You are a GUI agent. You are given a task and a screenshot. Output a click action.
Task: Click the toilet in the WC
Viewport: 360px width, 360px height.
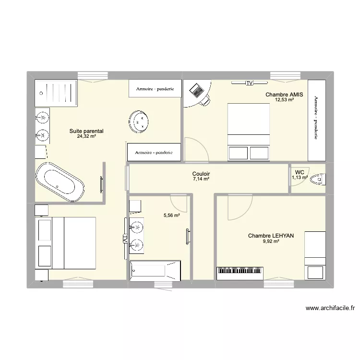coord(318,180)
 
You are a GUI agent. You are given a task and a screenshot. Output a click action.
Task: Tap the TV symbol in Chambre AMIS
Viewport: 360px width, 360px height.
coord(249,84)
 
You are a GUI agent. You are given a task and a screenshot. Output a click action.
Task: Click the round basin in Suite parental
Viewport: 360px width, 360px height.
coord(140,121)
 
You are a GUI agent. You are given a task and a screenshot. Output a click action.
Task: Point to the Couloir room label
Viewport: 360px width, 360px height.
coord(201,174)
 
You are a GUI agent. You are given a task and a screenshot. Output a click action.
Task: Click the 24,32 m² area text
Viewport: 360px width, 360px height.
coord(86,136)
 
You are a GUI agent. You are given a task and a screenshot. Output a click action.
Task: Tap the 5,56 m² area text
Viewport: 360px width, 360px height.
coord(172,216)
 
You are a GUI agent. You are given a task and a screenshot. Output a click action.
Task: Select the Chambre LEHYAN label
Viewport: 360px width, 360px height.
coord(271,236)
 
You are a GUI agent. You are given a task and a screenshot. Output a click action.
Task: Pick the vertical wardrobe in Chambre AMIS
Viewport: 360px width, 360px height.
coord(316,120)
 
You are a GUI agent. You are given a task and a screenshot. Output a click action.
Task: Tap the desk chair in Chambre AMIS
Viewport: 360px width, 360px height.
coord(205,100)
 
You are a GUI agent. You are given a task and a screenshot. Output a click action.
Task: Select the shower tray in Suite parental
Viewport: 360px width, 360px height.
coord(56,93)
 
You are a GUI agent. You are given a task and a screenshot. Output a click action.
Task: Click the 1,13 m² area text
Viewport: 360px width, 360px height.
coord(300,177)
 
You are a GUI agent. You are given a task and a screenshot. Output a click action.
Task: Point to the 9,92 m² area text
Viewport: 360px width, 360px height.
coord(271,241)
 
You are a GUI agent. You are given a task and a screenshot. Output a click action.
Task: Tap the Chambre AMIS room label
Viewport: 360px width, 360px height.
coord(284,95)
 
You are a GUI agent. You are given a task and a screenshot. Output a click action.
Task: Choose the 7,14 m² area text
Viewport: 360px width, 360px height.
coord(201,179)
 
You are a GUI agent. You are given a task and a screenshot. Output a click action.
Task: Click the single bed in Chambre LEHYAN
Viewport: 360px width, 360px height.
coord(315,255)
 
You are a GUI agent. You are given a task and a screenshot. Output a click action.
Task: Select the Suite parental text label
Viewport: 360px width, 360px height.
coord(86,131)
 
